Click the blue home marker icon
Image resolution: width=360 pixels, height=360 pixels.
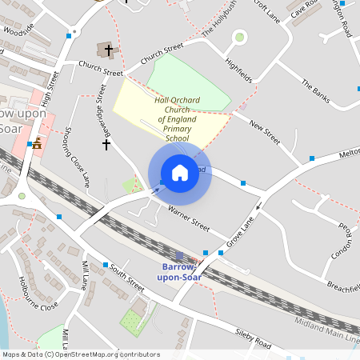180,173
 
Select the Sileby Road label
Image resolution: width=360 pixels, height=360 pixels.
254,338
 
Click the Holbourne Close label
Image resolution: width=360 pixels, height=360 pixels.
38,294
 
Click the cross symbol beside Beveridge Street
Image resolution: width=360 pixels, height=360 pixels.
106,145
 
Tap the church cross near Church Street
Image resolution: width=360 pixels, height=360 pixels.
109,50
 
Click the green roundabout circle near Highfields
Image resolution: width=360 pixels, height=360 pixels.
238,37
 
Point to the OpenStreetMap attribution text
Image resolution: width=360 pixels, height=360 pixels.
81,354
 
